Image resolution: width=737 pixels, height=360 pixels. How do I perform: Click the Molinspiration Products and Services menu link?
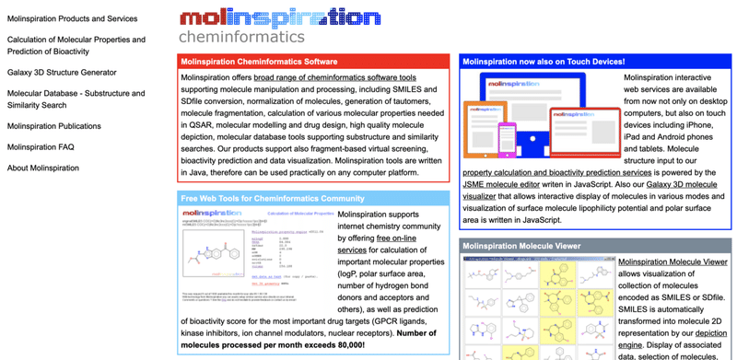click(72, 18)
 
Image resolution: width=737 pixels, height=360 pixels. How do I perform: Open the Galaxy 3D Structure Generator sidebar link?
click(62, 72)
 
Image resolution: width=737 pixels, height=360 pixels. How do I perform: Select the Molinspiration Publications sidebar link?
click(54, 126)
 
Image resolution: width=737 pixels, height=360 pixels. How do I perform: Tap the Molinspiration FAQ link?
click(41, 147)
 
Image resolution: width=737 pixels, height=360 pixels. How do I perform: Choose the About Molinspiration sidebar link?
click(43, 168)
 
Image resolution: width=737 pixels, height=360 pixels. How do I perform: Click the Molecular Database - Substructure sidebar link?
click(76, 94)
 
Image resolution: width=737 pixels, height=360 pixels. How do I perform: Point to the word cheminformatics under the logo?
click(241, 38)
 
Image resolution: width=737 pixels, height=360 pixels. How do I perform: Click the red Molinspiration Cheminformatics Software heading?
click(259, 62)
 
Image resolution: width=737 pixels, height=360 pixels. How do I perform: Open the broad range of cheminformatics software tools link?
click(335, 78)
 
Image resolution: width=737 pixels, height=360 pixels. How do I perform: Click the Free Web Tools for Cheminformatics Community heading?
click(273, 198)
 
